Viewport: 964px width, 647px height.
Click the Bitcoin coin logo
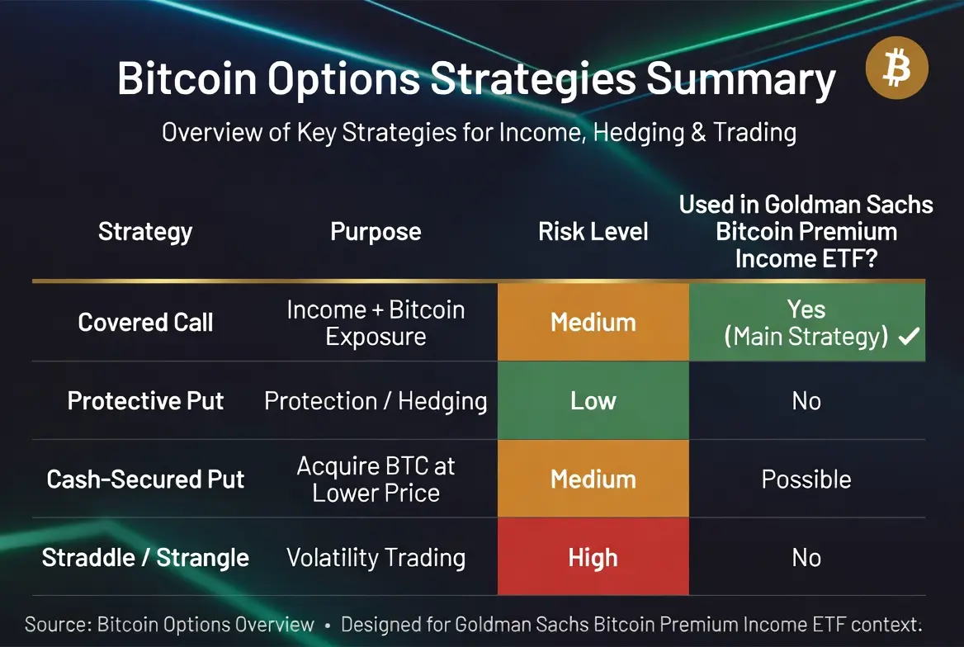[897, 68]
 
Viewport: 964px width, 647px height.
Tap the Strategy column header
[145, 232]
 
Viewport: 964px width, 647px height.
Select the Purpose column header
[376, 232]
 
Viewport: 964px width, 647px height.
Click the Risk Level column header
[593, 232]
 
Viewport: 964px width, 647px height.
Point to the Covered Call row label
[145, 323]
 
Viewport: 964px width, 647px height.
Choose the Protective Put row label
[145, 401]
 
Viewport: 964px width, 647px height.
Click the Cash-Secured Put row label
[145, 479]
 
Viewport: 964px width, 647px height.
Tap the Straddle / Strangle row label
[145, 558]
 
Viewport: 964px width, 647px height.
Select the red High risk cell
[593, 556]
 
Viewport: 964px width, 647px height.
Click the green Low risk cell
[593, 400]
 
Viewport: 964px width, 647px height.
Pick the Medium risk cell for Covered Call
[593, 322]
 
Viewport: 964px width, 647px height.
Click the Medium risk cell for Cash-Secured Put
[593, 479]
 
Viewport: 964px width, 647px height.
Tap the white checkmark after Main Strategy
[910, 336]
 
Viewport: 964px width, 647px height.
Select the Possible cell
[806, 479]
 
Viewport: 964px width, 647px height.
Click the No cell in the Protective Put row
[806, 401]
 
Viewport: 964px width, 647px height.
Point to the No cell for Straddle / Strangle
[806, 558]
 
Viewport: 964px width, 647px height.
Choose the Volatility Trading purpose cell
[376, 558]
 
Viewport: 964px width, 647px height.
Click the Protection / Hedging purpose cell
[376, 401]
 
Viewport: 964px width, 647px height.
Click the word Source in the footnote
[59, 624]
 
